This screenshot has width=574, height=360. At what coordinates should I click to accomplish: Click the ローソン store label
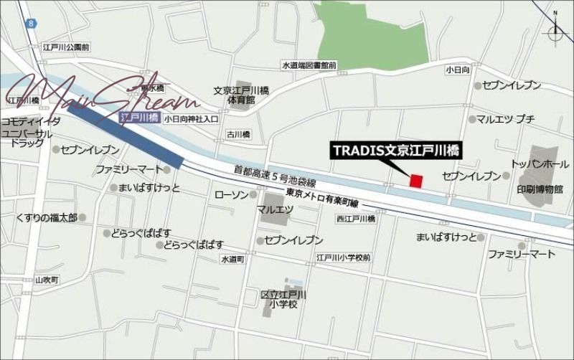[x=231, y=195]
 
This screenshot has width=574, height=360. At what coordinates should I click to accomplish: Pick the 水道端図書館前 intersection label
[x=309, y=65]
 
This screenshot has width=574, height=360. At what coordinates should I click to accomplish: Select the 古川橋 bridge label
[x=237, y=134]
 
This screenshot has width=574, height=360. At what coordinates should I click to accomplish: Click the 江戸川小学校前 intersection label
[x=343, y=256]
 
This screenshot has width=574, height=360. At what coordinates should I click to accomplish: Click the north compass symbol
[x=555, y=32]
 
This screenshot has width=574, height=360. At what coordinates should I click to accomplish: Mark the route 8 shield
[x=32, y=24]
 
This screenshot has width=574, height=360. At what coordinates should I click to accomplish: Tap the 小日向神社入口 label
[x=190, y=119]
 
